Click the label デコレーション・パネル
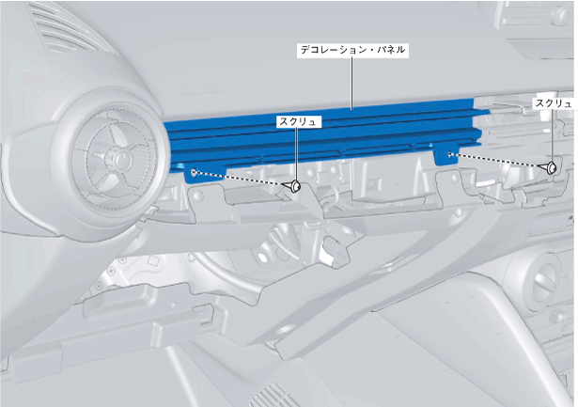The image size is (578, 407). pyautogui.click(x=352, y=50)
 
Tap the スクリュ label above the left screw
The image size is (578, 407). pyautogui.click(x=298, y=121)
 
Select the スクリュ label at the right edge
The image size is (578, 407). pyautogui.click(x=555, y=103)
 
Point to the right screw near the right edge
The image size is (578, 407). pyautogui.click(x=549, y=167)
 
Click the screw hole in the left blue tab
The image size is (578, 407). pyautogui.click(x=194, y=171)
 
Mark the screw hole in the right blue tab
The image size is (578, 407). pyautogui.click(x=449, y=154)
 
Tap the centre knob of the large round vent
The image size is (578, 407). pyautogui.click(x=117, y=159)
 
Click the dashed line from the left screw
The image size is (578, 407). pyautogui.click(x=239, y=178)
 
